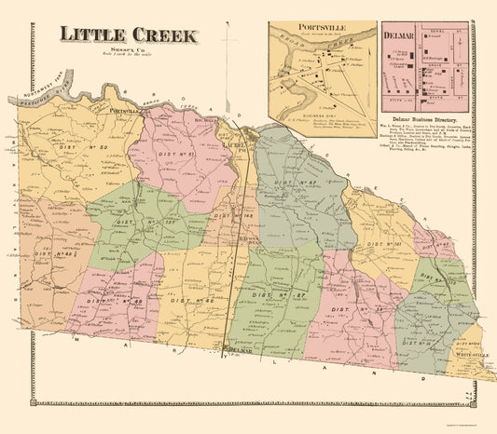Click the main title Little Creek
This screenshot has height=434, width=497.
[x=129, y=34]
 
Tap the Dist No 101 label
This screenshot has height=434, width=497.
[x=384, y=244]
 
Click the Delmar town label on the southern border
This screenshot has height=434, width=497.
[x=241, y=353]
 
